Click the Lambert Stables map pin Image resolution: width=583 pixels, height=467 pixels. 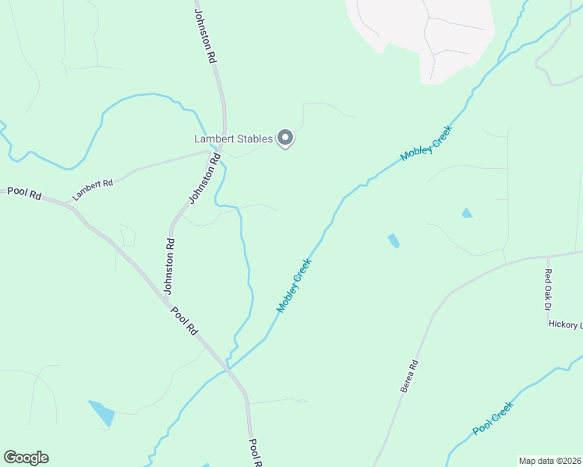[285, 138]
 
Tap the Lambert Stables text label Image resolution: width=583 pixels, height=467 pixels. [233, 139]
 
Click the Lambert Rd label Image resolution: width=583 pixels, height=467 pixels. [93, 190]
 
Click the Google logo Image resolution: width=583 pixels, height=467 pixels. [26, 457]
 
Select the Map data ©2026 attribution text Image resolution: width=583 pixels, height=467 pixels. [549, 461]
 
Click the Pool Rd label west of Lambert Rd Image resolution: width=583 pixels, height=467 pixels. [24, 193]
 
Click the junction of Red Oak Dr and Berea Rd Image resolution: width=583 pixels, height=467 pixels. [549, 255]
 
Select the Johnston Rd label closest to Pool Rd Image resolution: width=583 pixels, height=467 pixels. [169, 266]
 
